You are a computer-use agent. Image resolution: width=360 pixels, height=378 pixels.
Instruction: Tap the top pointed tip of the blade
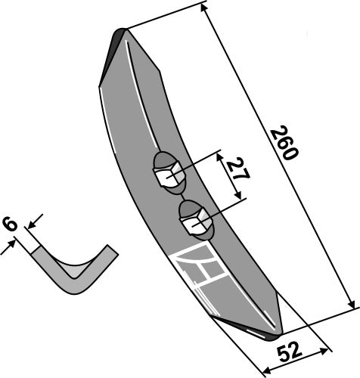click(x=122, y=31)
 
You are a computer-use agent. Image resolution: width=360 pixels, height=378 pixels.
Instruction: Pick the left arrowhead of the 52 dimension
click(x=262, y=370)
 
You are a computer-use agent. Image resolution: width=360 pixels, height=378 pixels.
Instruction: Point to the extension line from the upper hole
click(x=198, y=165)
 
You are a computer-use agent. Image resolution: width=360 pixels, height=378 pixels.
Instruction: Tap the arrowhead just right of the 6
click(x=29, y=225)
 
